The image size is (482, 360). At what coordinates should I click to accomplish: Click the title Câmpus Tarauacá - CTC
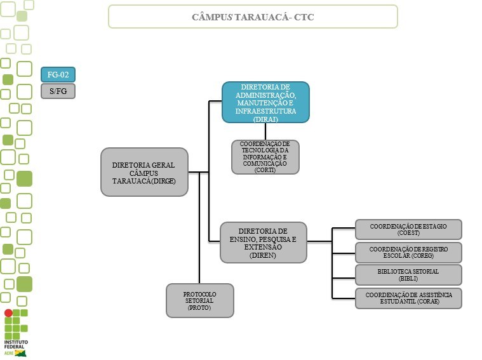pyautogui.click(x=253, y=17)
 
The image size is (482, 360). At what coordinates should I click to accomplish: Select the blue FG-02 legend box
pyautogui.click(x=58, y=74)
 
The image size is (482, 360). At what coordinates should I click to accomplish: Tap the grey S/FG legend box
pyautogui.click(x=58, y=91)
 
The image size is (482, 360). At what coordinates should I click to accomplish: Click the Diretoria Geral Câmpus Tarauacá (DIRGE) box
pyautogui.click(x=144, y=172)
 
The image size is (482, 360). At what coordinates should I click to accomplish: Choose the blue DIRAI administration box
pyautogui.click(x=265, y=102)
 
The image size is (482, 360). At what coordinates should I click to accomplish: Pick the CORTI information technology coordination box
pyautogui.click(x=265, y=157)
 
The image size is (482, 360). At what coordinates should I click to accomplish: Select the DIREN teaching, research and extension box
pyautogui.click(x=263, y=242)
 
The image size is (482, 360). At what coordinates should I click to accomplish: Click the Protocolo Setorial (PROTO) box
pyautogui.click(x=199, y=300)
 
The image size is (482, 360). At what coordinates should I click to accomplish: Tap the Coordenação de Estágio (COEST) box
pyautogui.click(x=408, y=229)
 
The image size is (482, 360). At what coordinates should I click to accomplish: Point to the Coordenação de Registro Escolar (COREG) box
pyautogui.click(x=408, y=252)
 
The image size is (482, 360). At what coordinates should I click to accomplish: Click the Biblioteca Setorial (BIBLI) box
pyautogui.click(x=408, y=275)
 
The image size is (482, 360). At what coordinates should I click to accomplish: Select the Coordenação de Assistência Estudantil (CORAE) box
pyautogui.click(x=408, y=298)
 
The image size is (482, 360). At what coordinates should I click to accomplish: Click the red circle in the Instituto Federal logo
pyautogui.click(x=8, y=313)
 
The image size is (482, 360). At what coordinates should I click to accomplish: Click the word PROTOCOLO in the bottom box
pyautogui.click(x=199, y=294)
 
